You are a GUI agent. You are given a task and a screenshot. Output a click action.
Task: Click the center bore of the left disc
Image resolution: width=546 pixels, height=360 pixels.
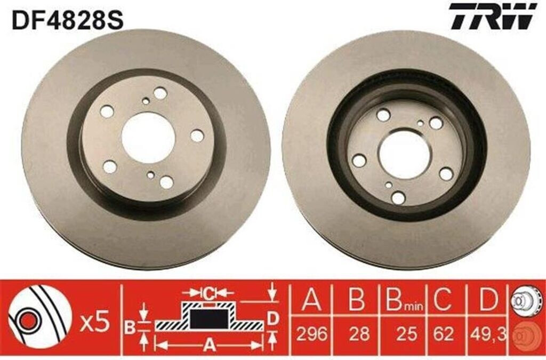pos(148,138)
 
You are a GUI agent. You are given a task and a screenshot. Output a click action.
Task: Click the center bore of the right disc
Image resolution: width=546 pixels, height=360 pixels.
pos(404,154)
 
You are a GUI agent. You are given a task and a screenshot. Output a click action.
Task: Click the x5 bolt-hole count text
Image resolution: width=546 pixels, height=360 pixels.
pos(94,322)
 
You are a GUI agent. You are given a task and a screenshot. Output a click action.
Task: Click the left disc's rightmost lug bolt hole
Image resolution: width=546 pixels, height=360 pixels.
pos(197,136)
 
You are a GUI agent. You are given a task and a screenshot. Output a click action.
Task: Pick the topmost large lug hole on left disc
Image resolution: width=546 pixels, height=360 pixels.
pos(160,93)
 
